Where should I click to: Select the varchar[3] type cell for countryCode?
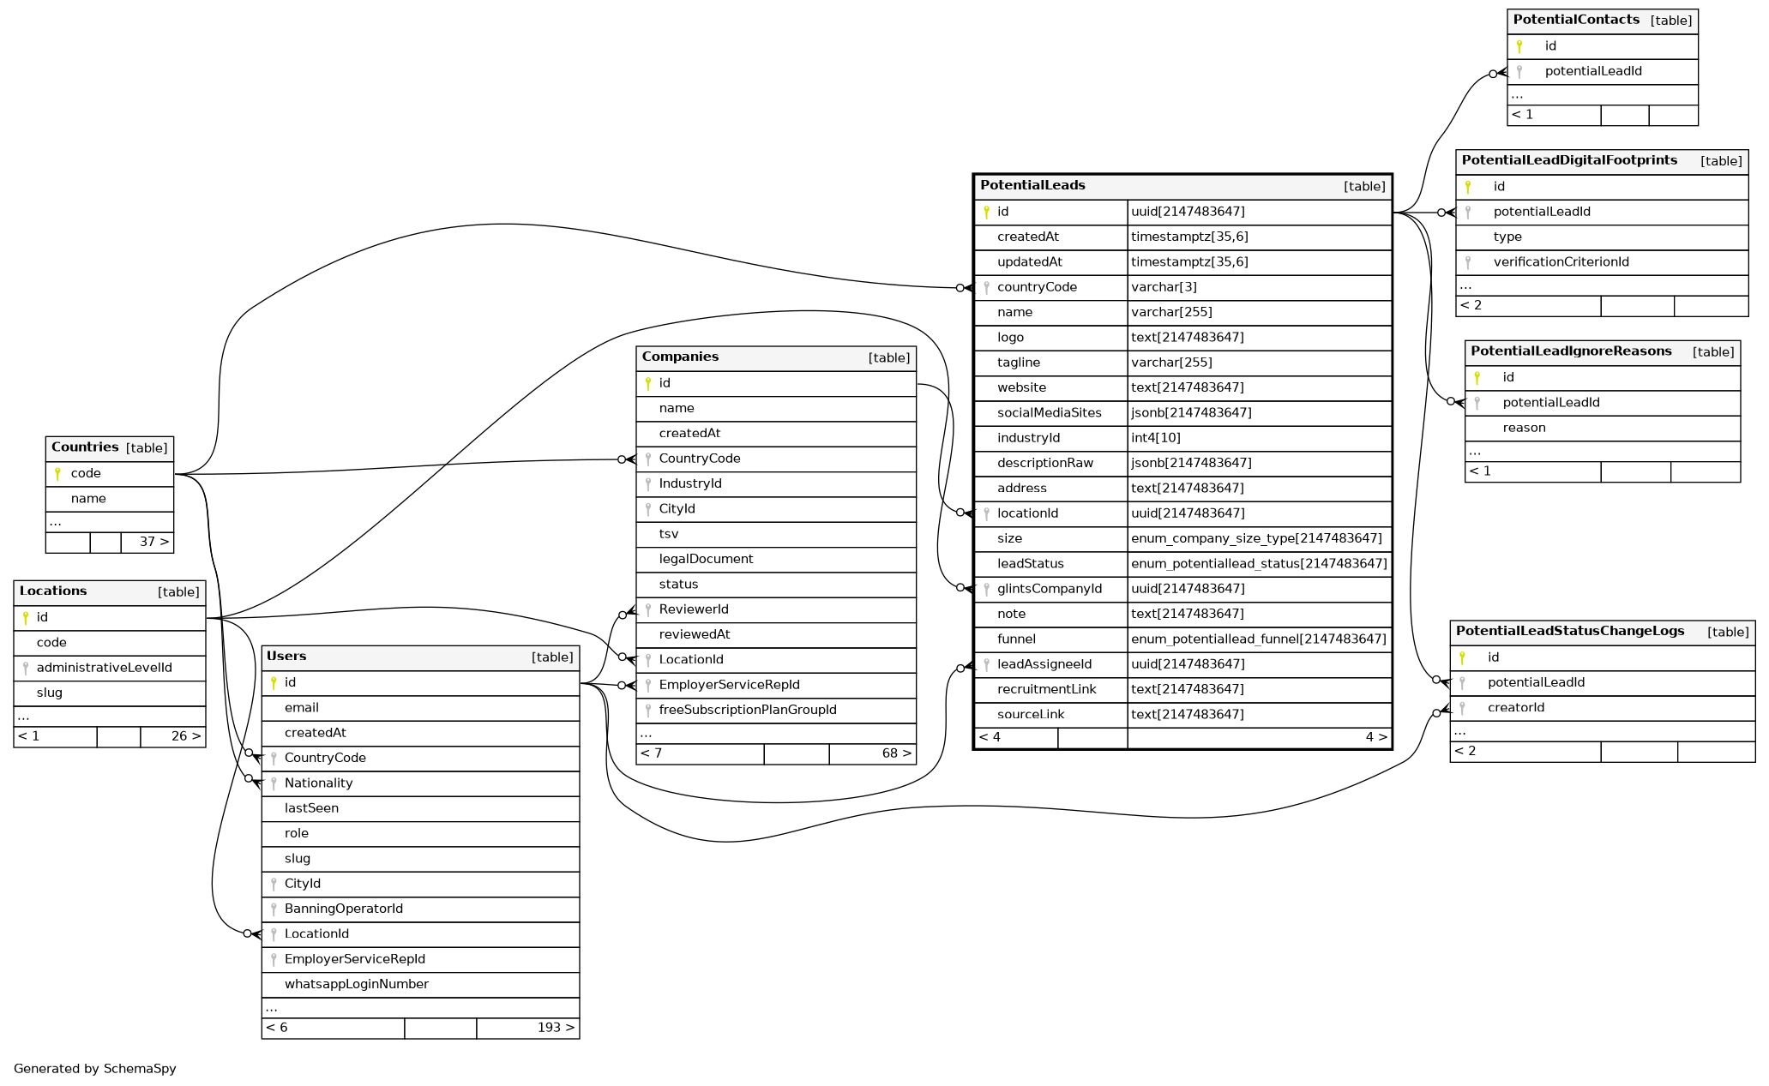1164,287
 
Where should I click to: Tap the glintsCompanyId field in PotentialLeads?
1049,589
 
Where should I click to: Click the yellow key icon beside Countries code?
57,473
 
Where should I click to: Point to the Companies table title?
680,357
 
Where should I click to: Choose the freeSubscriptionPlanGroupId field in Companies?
747,710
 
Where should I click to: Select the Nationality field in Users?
318,783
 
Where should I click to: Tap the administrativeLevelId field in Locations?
104,668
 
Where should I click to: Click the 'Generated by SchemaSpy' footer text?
94,1069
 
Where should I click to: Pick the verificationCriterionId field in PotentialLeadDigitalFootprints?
1561,262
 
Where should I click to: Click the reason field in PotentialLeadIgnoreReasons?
1524,428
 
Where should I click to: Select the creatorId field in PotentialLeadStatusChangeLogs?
1515,707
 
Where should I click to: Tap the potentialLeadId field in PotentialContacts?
1592,71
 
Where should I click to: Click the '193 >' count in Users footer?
555,1028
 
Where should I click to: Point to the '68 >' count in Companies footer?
896,753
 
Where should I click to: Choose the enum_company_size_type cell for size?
1256,538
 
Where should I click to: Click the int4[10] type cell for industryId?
1155,438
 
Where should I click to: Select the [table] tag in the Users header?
551,657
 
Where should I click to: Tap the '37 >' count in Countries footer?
153,542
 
